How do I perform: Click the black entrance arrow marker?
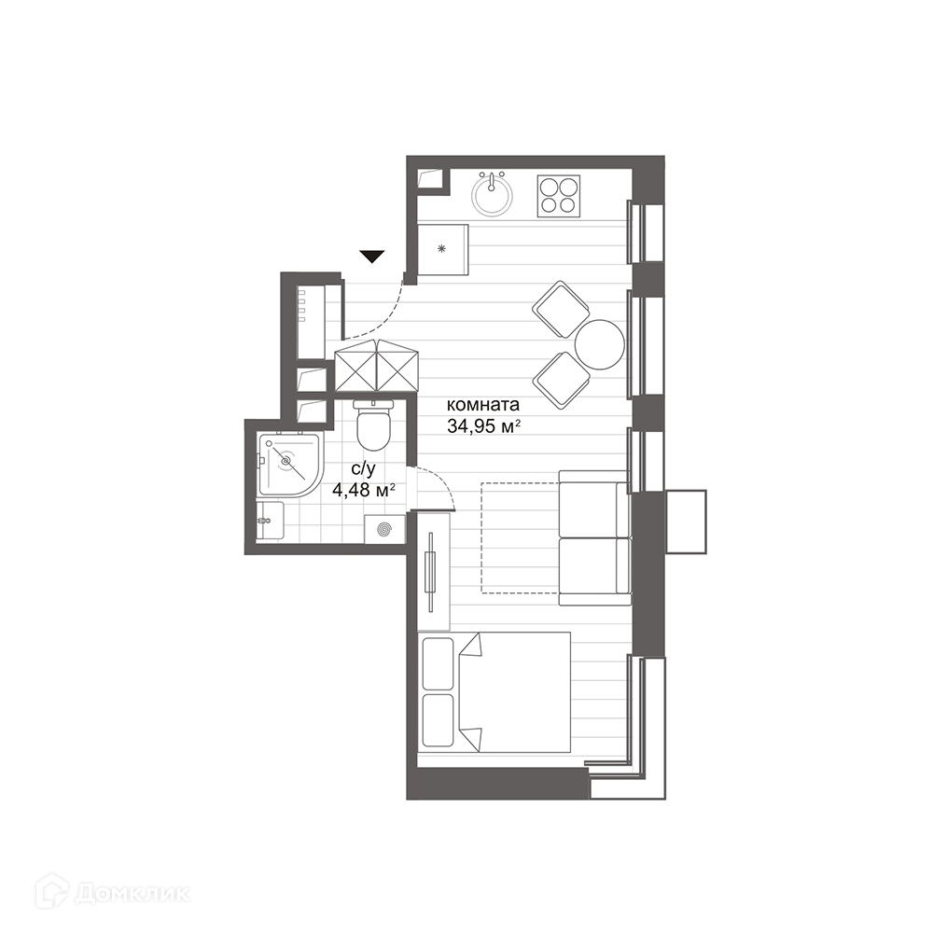click(x=372, y=257)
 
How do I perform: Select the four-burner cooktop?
click(x=559, y=196)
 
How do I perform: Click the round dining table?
click(x=600, y=345)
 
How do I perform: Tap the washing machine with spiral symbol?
click(x=384, y=528)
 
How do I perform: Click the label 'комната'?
click(x=483, y=405)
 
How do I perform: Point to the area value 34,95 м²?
click(x=484, y=426)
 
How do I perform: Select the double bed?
click(x=494, y=692)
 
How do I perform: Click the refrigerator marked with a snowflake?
click(x=442, y=249)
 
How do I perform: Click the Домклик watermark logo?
click(x=113, y=890)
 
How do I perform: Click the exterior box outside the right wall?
click(x=686, y=522)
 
